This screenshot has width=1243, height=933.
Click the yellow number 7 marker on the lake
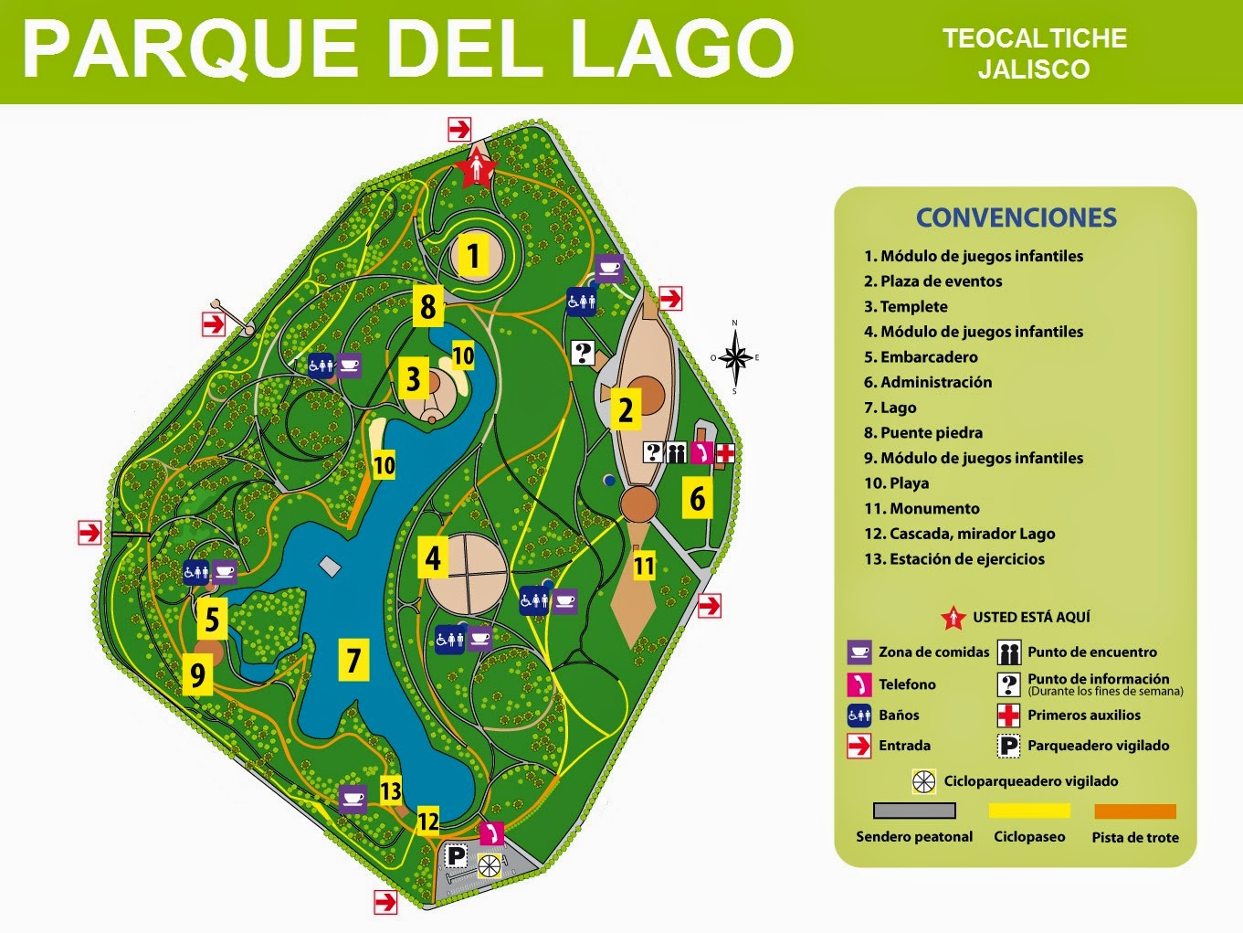(x=354, y=660)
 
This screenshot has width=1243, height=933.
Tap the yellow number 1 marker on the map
(x=472, y=256)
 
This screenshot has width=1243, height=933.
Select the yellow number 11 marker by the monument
(x=644, y=566)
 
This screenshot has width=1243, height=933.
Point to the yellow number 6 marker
(x=698, y=498)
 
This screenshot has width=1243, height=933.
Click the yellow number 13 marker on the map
(x=391, y=790)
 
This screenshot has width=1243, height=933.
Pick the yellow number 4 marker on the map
(x=433, y=557)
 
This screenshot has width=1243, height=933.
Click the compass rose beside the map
(x=735, y=357)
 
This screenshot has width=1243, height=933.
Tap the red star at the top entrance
(x=477, y=168)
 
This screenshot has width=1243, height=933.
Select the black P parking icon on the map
(x=456, y=856)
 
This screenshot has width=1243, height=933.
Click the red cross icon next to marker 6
(x=724, y=452)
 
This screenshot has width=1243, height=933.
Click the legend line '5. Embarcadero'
(x=921, y=357)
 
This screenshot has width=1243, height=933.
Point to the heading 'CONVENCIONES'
(x=1016, y=217)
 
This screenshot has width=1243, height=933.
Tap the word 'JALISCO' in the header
(x=1034, y=69)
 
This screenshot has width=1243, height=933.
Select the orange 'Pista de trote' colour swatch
(x=1135, y=811)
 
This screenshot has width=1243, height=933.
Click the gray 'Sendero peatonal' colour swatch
(x=914, y=811)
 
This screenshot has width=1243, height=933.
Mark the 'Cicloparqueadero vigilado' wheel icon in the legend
(x=924, y=781)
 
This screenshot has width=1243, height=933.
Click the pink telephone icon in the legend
(x=859, y=684)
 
